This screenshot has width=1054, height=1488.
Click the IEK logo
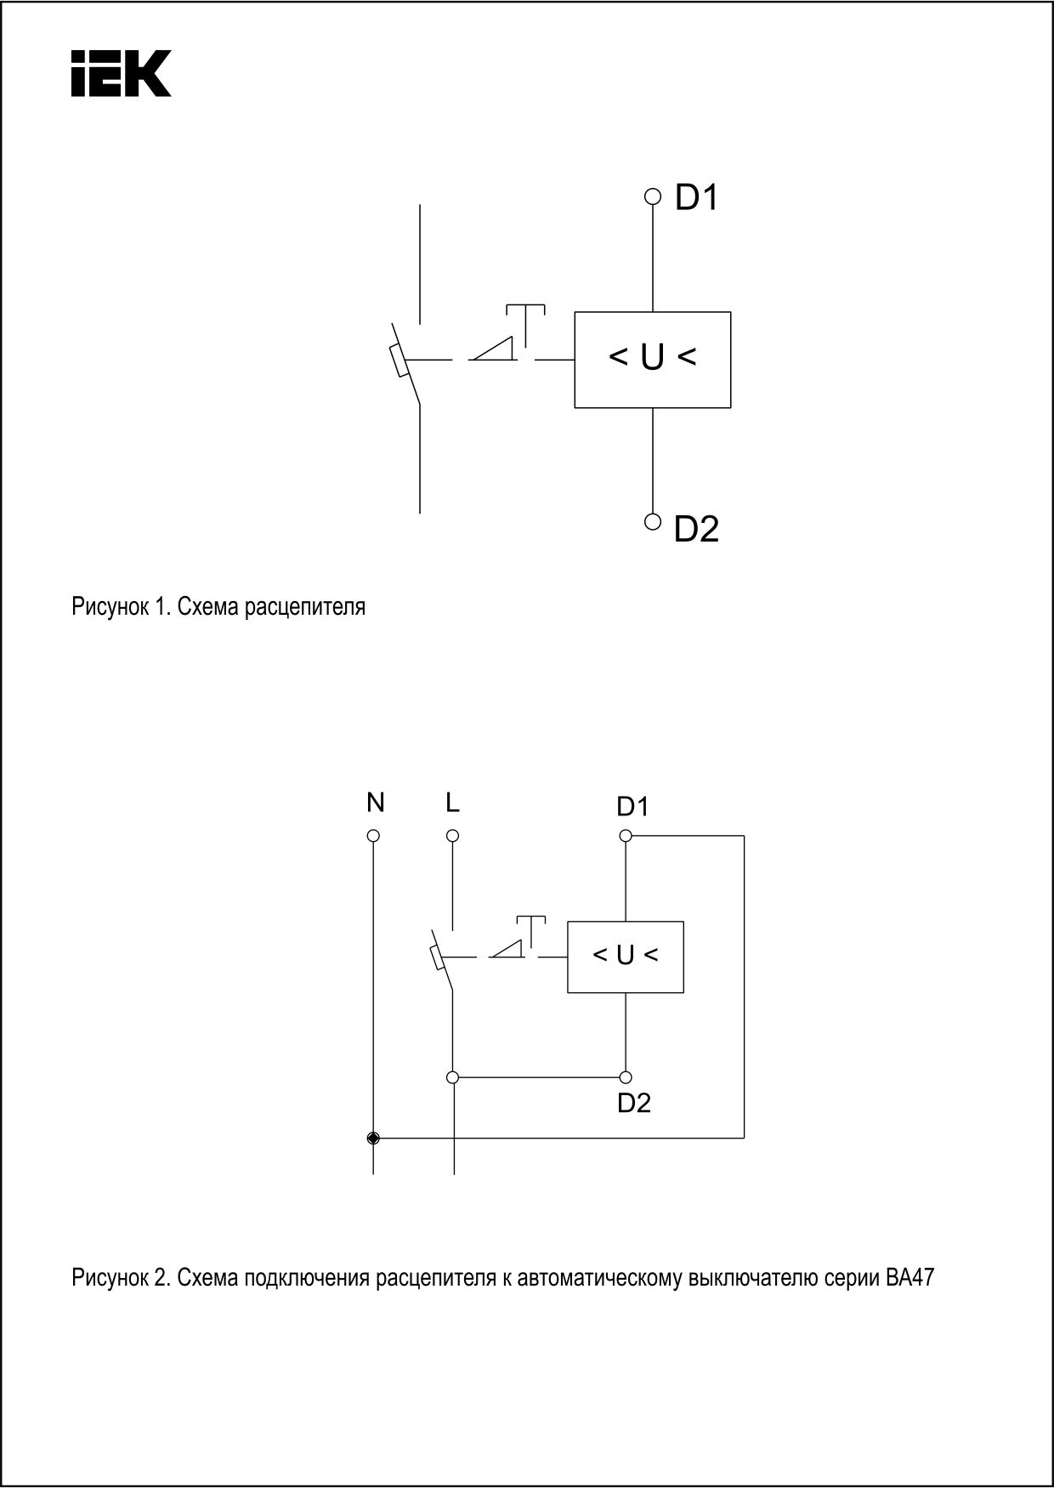[x=121, y=73]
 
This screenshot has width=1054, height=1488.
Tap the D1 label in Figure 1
[x=697, y=197]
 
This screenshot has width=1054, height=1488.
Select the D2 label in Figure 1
[x=697, y=529]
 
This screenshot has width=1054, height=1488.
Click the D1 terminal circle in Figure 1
[x=652, y=196]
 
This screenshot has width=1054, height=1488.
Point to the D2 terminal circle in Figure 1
[x=652, y=521]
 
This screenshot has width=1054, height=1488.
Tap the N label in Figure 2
[x=375, y=802]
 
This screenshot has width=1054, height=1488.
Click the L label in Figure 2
[x=452, y=802]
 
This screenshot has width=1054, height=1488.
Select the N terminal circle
[x=373, y=836]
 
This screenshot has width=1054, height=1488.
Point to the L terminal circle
[x=452, y=836]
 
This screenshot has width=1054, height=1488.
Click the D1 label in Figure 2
[x=633, y=806]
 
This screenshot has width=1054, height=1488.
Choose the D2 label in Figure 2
[x=634, y=1103]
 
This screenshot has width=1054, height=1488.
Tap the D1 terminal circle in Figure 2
[x=626, y=836]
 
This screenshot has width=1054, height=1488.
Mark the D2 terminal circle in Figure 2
[x=626, y=1077]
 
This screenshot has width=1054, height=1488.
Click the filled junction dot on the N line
[x=373, y=1138]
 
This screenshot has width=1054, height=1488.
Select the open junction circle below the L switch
[x=452, y=1077]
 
